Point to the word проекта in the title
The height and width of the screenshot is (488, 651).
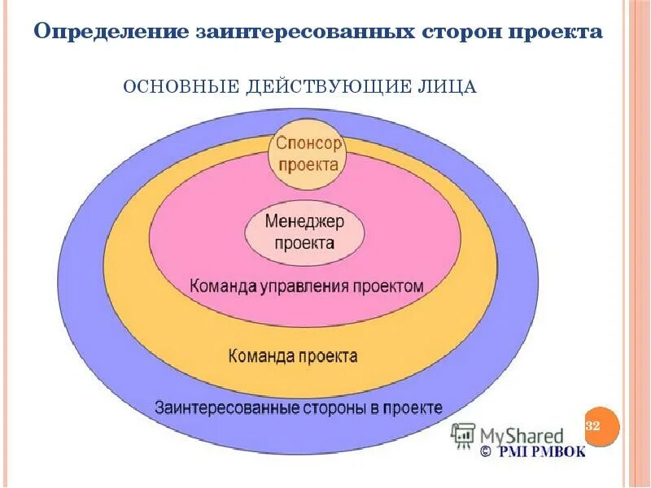pos(555,33)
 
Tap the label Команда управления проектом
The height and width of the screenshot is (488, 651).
pos(306,286)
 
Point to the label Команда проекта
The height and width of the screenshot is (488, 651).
pos(293,356)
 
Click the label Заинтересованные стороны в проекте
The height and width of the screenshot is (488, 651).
pos(298,407)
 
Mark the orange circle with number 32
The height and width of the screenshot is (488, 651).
pos(601,427)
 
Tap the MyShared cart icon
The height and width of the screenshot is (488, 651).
pos(463,434)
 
